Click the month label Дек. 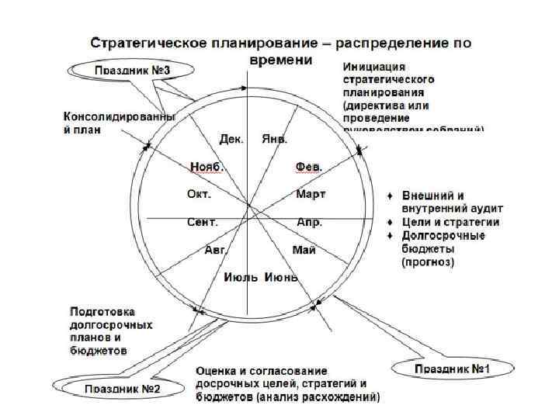[x=231, y=140]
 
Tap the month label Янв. [x=275, y=140]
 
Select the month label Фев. [x=309, y=167]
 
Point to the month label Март [x=311, y=194]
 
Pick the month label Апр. [x=309, y=222]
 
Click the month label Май [x=304, y=249]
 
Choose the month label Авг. [x=214, y=249]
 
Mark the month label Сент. [x=203, y=222]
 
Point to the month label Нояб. [x=207, y=167]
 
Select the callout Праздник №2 [x=122, y=388]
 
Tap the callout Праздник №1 [x=449, y=368]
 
